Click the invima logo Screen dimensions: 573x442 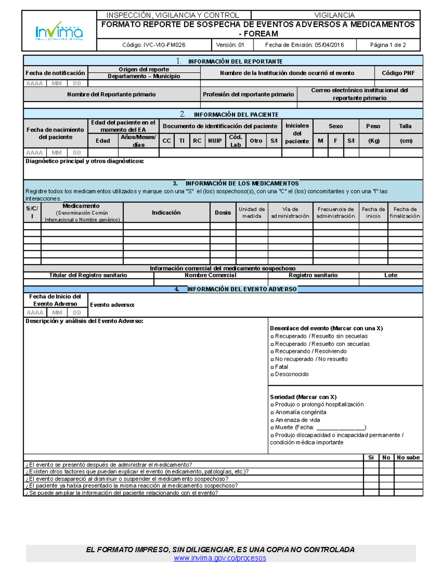[59, 31]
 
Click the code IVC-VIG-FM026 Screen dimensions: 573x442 [154, 45]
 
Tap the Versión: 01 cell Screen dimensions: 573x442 [230, 45]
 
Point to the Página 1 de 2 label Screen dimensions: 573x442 [388, 45]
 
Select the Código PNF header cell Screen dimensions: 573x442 [398, 73]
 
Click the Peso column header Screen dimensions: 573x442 [373, 126]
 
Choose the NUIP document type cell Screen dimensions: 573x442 [215, 141]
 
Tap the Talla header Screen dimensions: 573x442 [405, 126]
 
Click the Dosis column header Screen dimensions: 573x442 [223, 213]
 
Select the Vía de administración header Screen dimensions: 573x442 [290, 213]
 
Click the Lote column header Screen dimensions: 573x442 [390, 275]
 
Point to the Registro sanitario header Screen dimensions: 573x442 [313, 275]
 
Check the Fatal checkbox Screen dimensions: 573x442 [272, 367]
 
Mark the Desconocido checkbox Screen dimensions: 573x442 [272, 374]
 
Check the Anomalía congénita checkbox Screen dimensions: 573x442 [272, 413]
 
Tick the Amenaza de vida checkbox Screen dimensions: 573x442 [272, 420]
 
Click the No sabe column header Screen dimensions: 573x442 [408, 458]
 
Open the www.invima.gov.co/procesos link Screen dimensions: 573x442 [220, 558]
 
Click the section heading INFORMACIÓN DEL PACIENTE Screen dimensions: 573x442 [236, 115]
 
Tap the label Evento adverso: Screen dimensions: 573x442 [112, 305]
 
